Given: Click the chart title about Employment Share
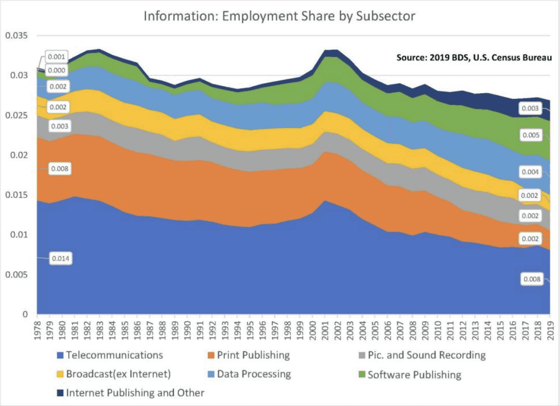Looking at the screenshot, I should (x=280, y=16).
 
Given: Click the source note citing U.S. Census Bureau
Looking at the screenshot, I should (x=474, y=58).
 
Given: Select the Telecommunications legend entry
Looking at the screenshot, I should (x=114, y=355).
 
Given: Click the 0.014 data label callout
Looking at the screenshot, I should (x=60, y=259).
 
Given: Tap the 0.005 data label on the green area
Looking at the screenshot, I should (x=530, y=135).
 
